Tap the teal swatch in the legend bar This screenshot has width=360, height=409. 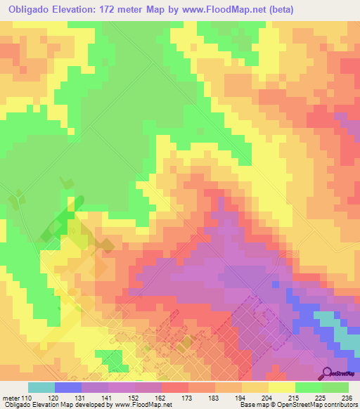point(41,387)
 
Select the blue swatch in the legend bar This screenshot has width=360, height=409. point(68,387)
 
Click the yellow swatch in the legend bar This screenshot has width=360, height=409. point(282,387)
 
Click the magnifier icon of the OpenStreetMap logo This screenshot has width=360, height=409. point(326,374)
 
